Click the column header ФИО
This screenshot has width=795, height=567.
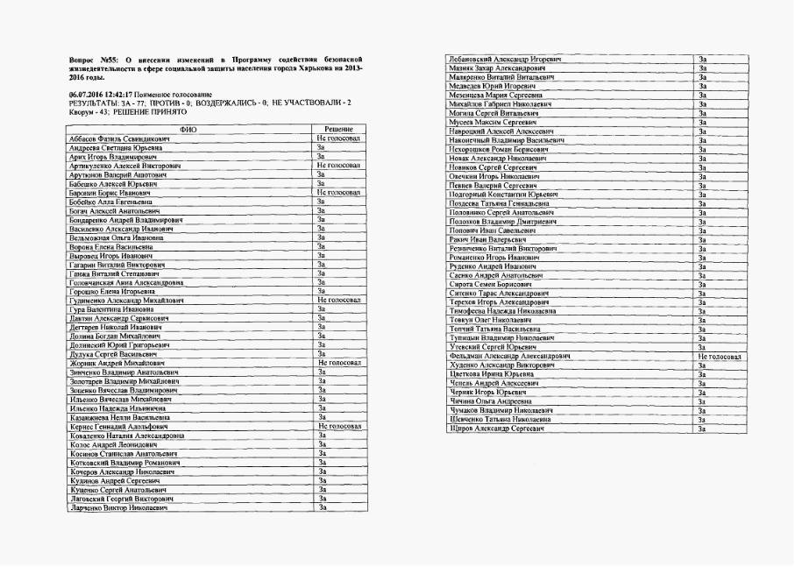coord(188,129)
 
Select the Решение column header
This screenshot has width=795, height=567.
coord(338,129)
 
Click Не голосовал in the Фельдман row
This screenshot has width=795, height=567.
coord(720,357)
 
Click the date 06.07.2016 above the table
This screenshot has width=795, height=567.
coord(87,94)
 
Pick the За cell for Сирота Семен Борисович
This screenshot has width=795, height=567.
coord(702,284)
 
